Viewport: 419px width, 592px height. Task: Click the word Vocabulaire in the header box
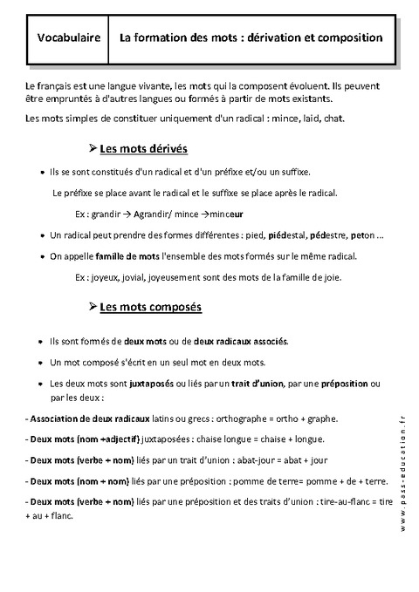point(67,38)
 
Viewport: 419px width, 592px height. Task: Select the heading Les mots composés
point(150,307)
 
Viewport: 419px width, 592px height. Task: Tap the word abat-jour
point(255,460)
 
